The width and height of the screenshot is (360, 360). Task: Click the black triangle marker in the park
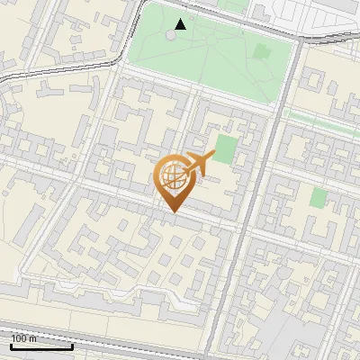(x=181, y=24)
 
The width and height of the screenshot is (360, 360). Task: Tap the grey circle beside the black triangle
(x=172, y=35)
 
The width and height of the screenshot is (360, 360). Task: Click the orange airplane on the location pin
(x=199, y=164)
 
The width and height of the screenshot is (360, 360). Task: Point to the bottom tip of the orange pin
(x=172, y=212)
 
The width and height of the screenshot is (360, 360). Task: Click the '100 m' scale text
(x=23, y=338)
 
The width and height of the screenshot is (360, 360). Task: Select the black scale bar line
(x=41, y=346)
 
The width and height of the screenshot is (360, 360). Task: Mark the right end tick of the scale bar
(x=72, y=344)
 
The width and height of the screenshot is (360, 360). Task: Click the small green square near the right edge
(x=318, y=198)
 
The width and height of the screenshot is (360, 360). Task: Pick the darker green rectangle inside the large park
(x=261, y=51)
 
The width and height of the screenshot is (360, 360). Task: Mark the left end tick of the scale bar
(x=11, y=344)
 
